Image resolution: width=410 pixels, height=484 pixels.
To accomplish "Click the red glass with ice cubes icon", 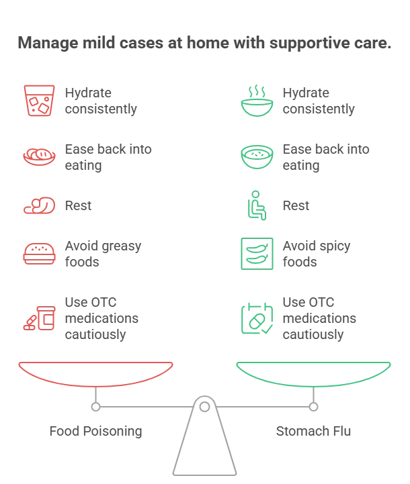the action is pos(39,101).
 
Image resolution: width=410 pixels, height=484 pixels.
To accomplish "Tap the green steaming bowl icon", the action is pos(257,101).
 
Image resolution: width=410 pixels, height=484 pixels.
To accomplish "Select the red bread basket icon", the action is pos(39,156).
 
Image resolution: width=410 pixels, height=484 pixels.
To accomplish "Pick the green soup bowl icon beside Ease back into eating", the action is pos(257,157).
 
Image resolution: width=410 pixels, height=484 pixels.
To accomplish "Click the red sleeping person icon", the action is pos(39,205).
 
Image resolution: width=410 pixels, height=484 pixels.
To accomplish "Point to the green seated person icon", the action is pos(257,205).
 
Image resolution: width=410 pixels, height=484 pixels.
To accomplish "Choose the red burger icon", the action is pos(39,254).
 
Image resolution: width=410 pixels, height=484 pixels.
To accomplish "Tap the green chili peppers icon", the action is pos(257,254).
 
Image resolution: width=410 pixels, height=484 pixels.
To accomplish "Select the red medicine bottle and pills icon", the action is pos(39,318).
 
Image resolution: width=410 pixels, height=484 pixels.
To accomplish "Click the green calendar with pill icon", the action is pos(257,318).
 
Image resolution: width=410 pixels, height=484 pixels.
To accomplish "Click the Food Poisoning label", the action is pos(96,431).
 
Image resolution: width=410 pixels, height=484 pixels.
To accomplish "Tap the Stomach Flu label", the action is pos(313,431).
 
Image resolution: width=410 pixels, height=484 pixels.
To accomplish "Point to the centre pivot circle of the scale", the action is pos(204,407).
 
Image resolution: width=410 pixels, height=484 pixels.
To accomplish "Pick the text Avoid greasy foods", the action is pos(103,254).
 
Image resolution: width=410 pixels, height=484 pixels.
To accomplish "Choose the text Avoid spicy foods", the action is pos(317,254).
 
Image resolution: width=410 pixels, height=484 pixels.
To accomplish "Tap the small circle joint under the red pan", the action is pos(96,407).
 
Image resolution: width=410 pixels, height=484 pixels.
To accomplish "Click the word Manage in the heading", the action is pos(48,43).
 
